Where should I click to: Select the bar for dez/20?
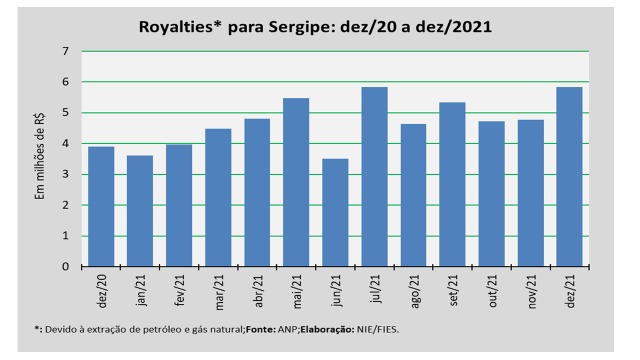coord(101,206)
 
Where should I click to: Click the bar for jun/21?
coord(335,212)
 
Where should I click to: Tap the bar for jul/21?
coord(374,177)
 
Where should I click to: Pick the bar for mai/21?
coord(296,182)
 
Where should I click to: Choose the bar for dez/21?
coord(569,177)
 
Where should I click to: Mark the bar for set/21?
coord(452,184)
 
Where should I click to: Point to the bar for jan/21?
coord(140,211)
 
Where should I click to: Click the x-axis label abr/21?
coord(258,291)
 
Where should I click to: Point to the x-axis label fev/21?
coord(180,291)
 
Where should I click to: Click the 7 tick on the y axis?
coord(65,51)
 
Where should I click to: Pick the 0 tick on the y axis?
coord(65,267)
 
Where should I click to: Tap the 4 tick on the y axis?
coord(65,143)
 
